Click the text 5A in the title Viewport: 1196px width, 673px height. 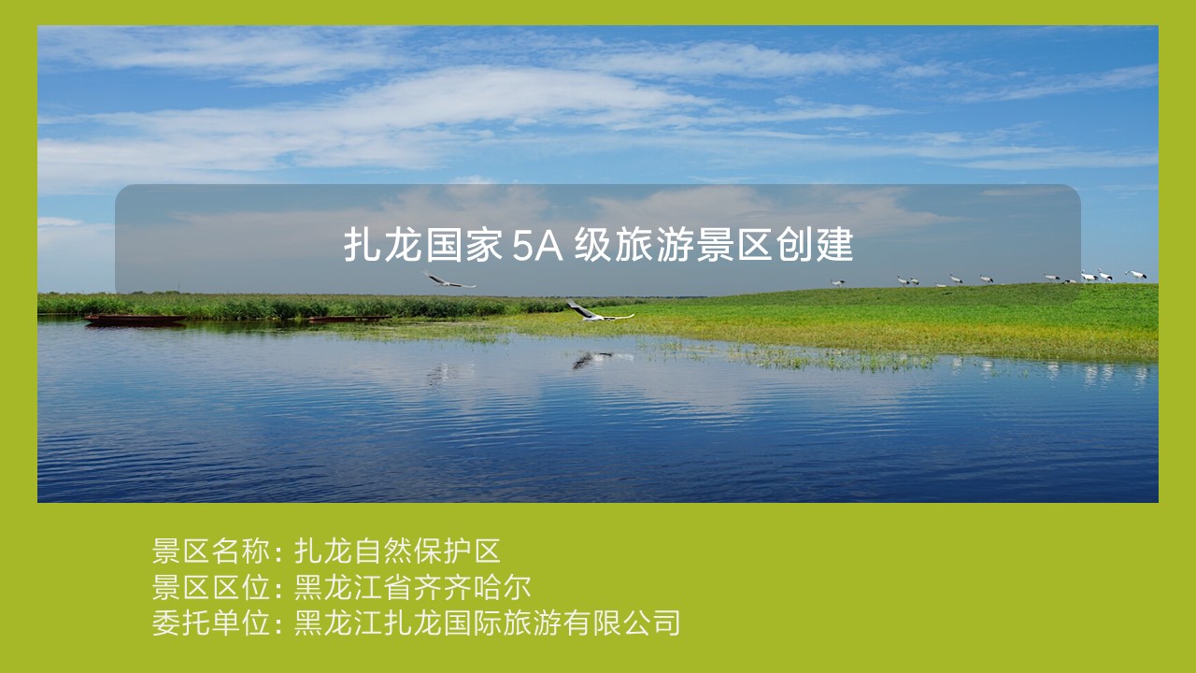tap(537, 246)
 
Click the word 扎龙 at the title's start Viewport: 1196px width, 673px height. tap(383, 245)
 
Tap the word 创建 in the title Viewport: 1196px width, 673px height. tap(814, 245)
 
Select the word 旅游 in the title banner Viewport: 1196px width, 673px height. tap(655, 245)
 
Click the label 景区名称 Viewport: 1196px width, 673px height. tap(210, 551)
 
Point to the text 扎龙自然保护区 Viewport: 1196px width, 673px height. tap(398, 551)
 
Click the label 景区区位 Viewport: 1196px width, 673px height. tap(210, 588)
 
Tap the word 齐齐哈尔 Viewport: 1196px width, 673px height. tap(472, 588)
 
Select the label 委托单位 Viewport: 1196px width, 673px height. tap(210, 623)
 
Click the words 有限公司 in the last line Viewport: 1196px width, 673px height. tap(621, 623)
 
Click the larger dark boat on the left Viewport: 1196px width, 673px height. tap(135, 320)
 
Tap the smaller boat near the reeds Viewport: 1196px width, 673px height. tap(349, 319)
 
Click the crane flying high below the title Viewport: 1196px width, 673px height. tap(448, 280)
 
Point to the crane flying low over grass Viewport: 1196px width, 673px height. tap(598, 313)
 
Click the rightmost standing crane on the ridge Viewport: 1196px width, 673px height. tap(1136, 275)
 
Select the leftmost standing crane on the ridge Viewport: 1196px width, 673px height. tap(838, 282)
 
